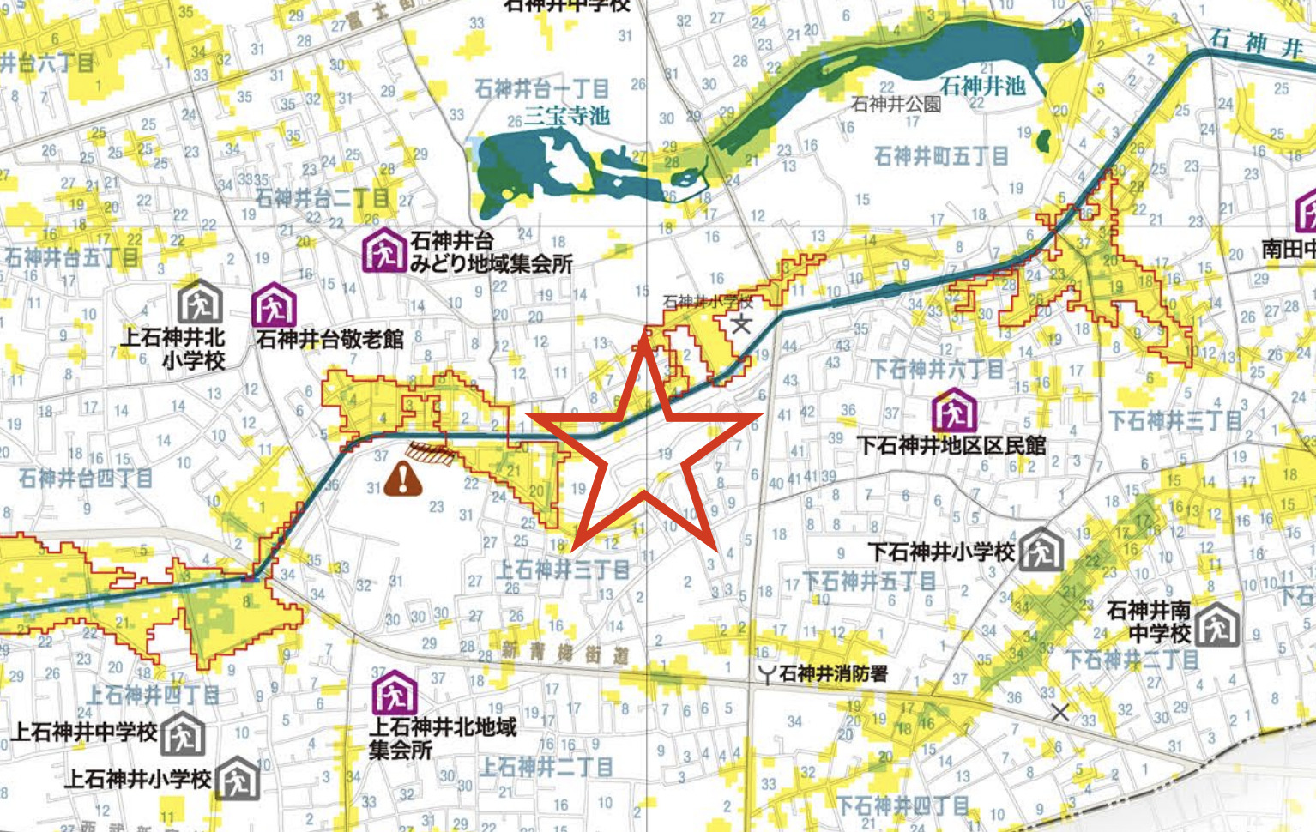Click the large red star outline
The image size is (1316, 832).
coord(643,446)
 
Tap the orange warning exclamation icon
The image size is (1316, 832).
coord(402,479)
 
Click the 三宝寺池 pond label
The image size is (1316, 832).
coord(566,116)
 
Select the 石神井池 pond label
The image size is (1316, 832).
coord(982,86)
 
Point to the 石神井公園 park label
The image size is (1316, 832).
coord(896,105)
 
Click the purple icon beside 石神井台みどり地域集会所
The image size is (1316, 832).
coord(383,251)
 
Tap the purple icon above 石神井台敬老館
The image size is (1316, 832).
coord(274,305)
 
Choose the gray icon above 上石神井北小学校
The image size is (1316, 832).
coord(200,301)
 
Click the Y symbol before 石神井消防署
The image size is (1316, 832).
coord(766,675)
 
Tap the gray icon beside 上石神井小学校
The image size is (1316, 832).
coord(238,779)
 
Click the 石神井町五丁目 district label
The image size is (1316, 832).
coord(941,157)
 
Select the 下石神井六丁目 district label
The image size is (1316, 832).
coord(938,370)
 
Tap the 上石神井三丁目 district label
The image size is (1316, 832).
coord(564,569)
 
